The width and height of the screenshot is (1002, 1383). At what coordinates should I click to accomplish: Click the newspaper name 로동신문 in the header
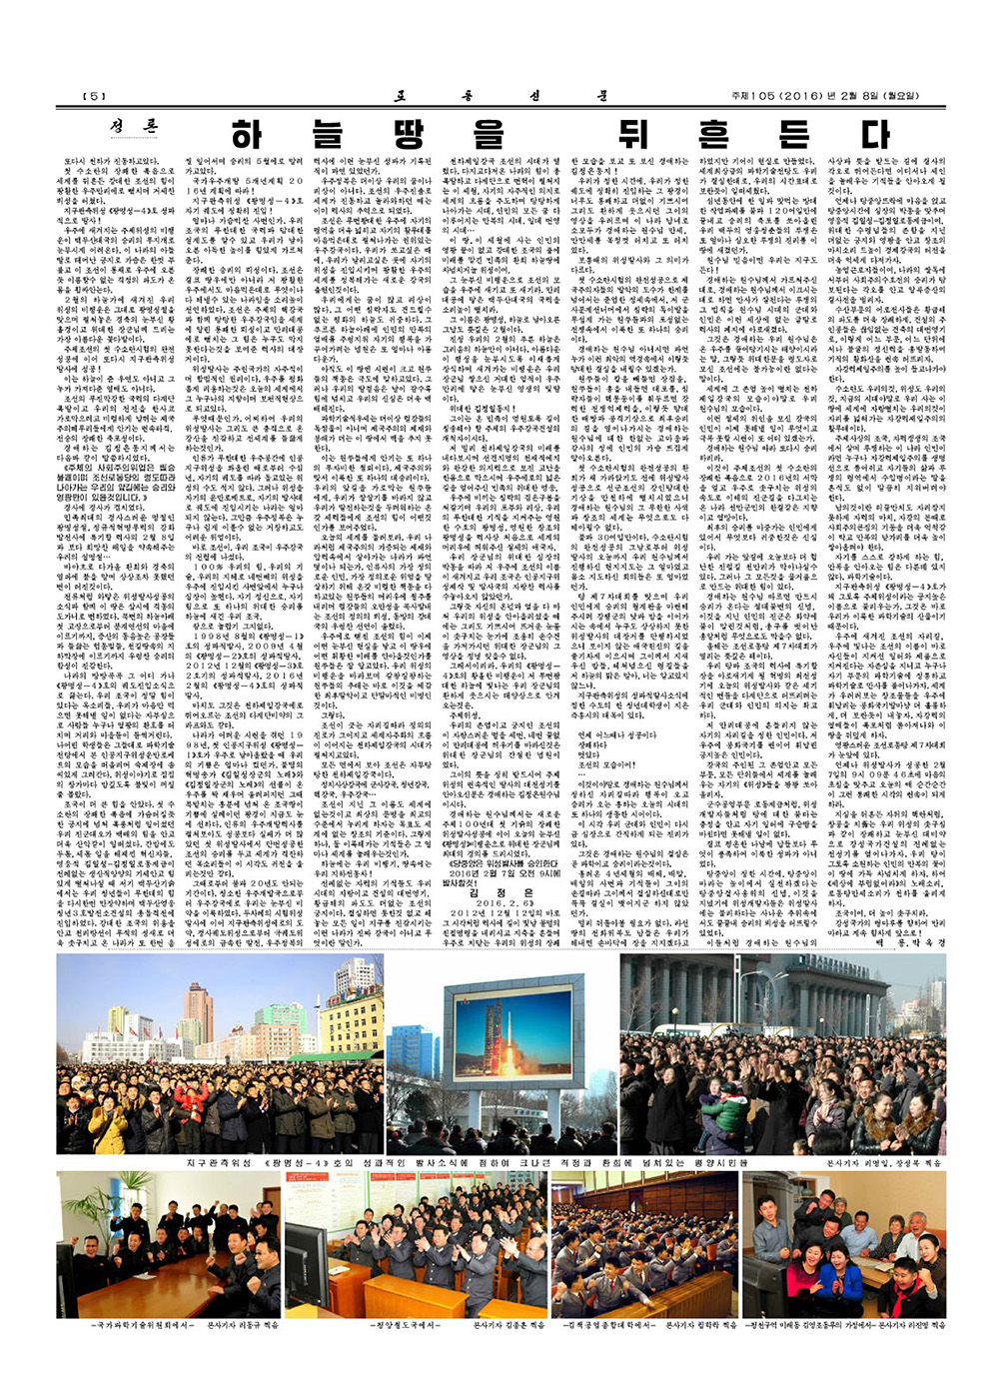[x=500, y=96]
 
